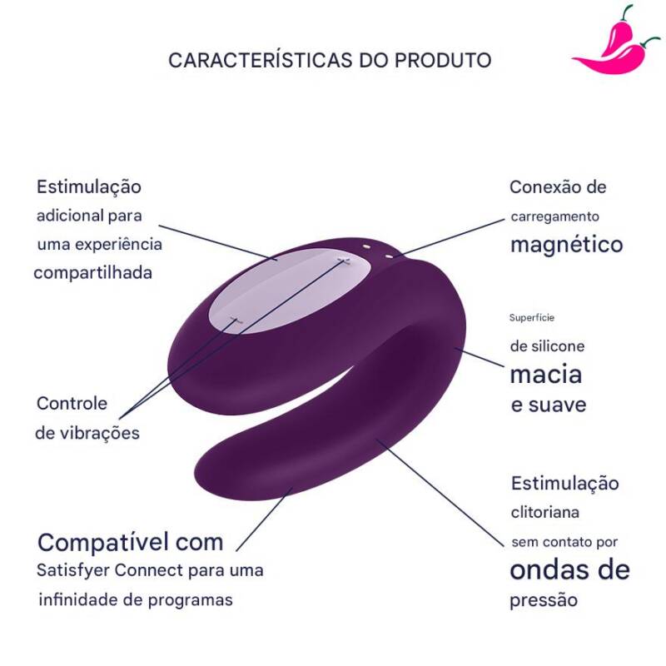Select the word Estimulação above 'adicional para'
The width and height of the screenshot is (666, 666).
[88, 186]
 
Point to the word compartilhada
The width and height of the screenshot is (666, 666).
[93, 273]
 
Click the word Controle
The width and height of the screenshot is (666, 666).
[72, 404]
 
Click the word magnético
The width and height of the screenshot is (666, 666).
[566, 245]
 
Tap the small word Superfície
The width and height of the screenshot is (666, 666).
[532, 317]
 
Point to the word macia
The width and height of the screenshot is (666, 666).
[545, 375]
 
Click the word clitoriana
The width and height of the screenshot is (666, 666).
[545, 513]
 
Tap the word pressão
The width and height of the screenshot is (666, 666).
[544, 600]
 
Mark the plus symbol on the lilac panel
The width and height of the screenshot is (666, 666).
[341, 261]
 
